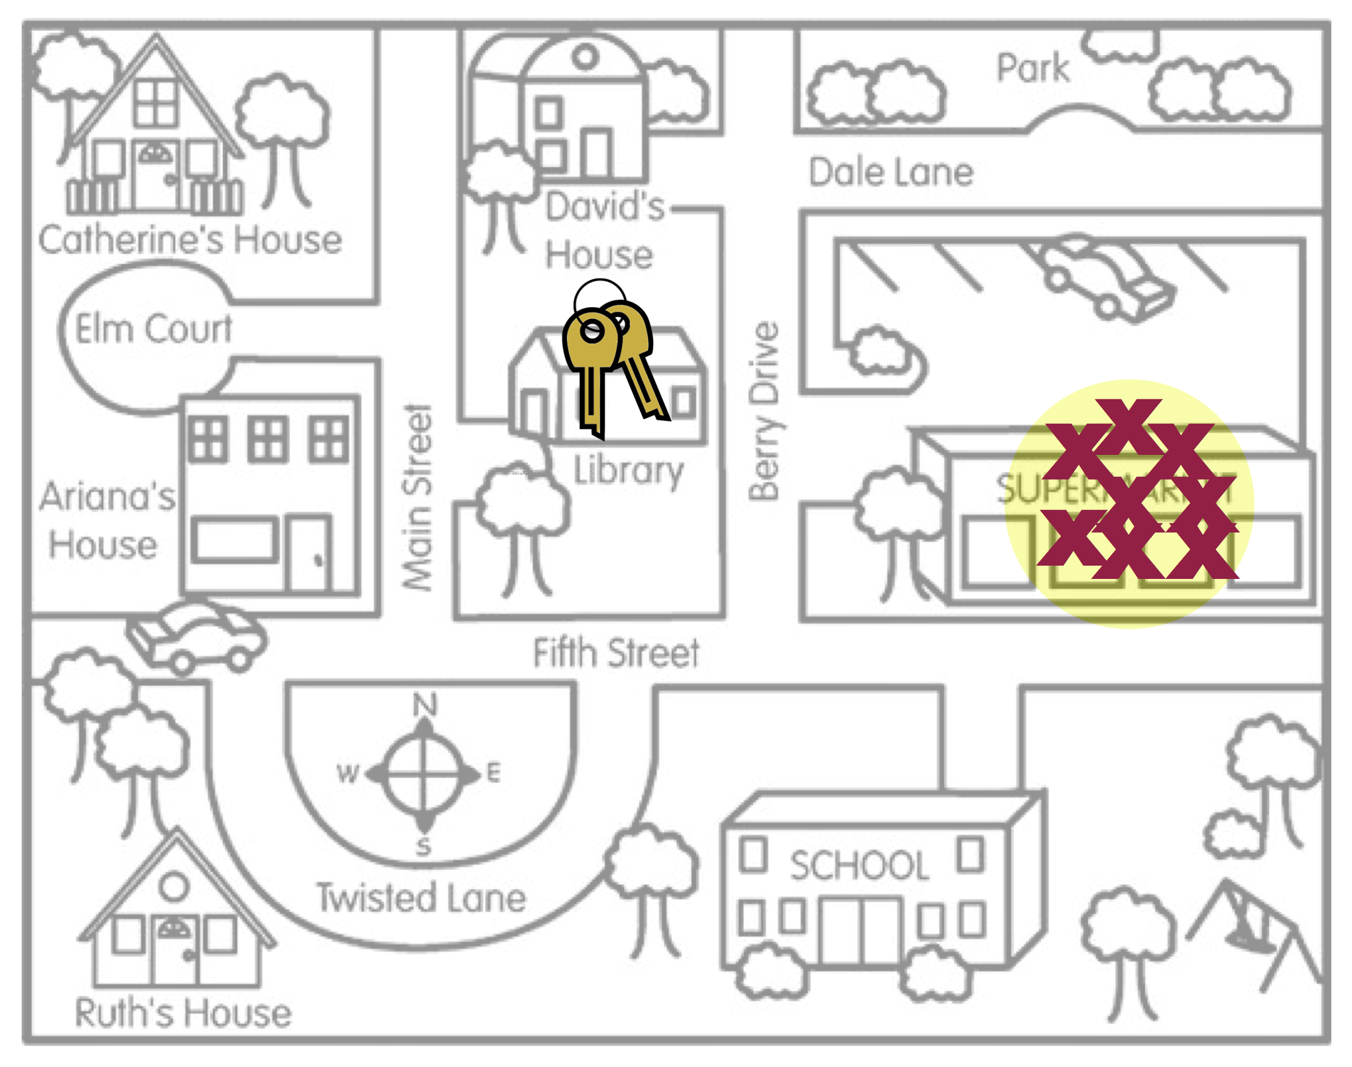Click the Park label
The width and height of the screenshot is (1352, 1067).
coord(1032,68)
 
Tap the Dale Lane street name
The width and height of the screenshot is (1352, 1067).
coord(891,172)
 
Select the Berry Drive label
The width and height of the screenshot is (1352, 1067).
coord(764,411)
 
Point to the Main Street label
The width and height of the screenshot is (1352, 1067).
coord(418,497)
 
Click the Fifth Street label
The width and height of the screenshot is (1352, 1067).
coord(616,653)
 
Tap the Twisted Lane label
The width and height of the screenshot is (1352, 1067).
coord(421,898)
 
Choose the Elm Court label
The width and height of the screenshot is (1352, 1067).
coord(153,329)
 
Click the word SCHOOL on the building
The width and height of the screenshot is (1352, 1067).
coord(859,865)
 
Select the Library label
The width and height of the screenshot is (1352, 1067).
coord(627,471)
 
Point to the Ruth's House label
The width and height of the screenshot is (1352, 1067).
coord(183,1013)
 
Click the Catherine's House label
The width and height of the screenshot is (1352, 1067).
coord(190,239)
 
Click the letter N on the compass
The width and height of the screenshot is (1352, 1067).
coord(425,704)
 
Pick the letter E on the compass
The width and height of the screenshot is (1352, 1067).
coord(494,773)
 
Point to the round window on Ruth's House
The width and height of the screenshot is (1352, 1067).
coord(174,886)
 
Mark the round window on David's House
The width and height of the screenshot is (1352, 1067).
coord(585,58)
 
